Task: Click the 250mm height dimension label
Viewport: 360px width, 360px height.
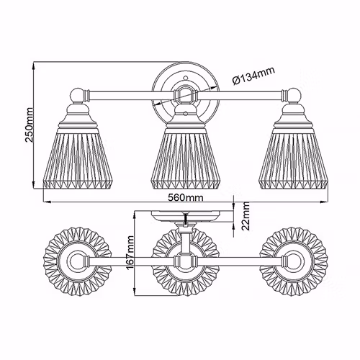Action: pos(30,125)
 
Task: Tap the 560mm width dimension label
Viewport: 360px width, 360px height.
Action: pos(185,198)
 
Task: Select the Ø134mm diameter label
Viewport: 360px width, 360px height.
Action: pos(253,76)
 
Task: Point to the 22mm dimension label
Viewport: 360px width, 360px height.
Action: pos(246,216)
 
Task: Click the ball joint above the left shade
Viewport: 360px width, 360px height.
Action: pos(78,95)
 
